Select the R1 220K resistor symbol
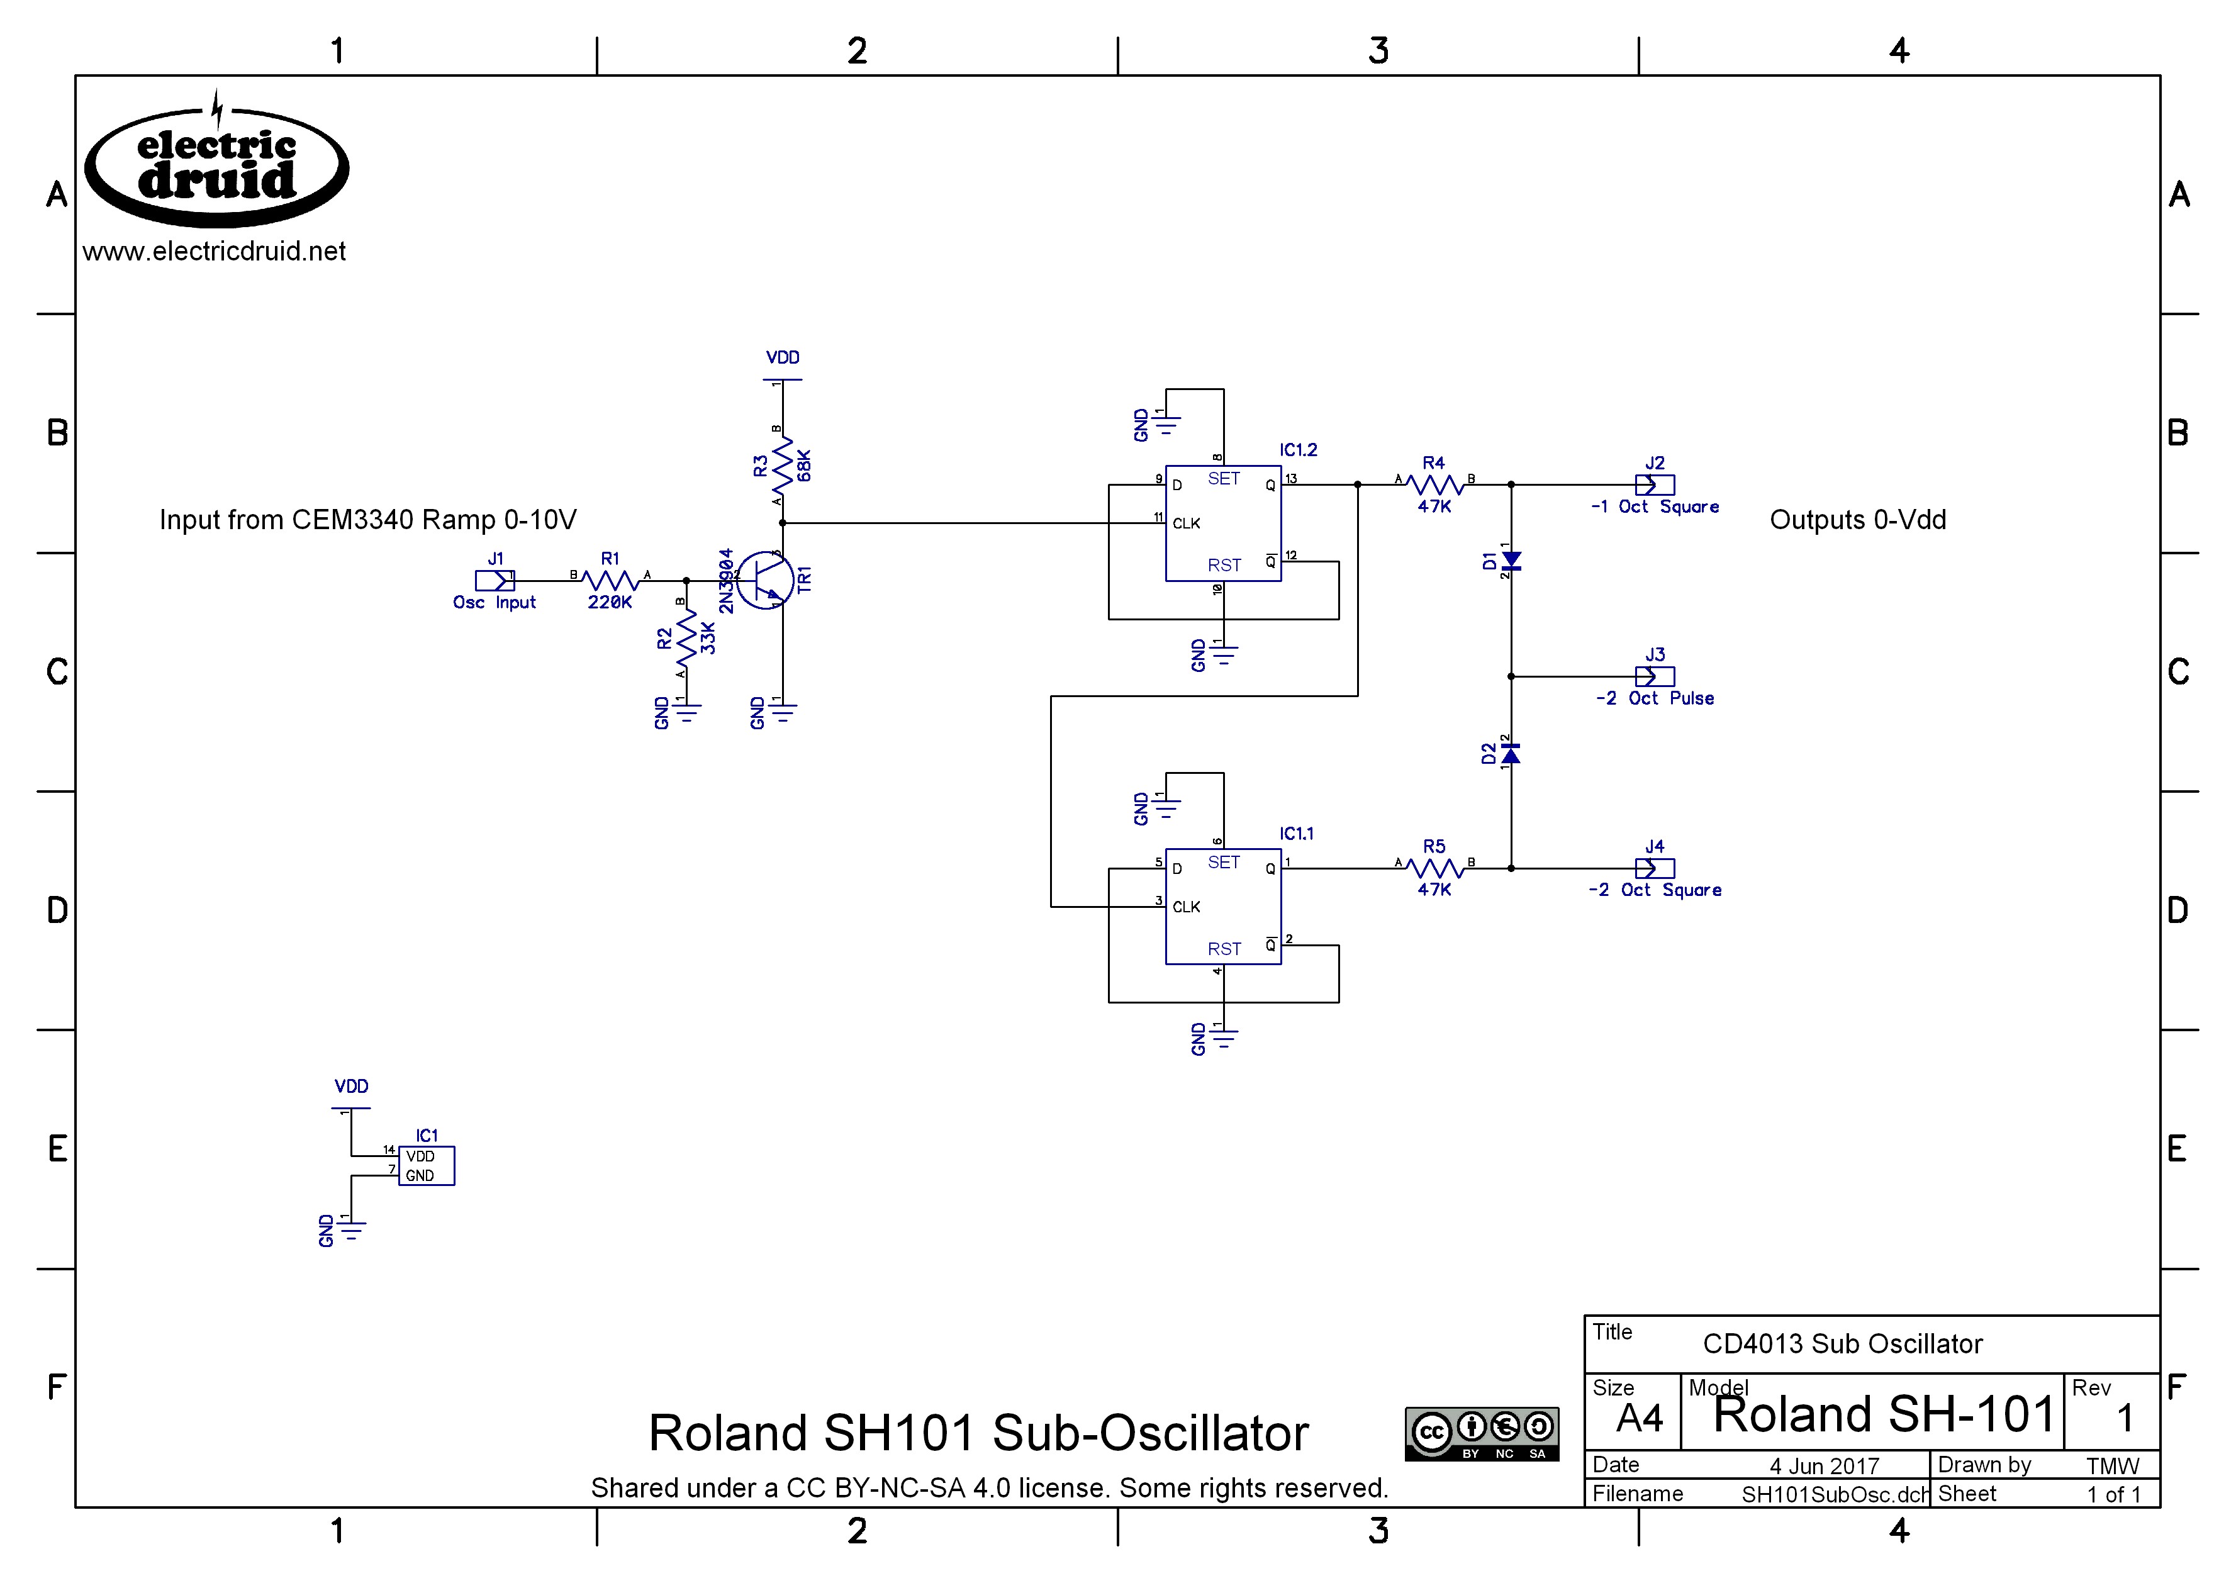tap(610, 581)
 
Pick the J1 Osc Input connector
tap(494, 581)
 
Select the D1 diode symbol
tap(1511, 561)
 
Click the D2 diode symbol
tap(1511, 754)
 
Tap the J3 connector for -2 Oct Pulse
tap(1654, 676)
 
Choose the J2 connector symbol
tap(1654, 484)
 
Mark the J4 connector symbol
tap(1654, 868)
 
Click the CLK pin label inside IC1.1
tap(1186, 907)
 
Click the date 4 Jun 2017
tap(1824, 1466)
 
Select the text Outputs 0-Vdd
tap(1858, 520)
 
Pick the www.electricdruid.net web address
tap(215, 252)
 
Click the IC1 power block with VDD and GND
tap(426, 1166)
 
